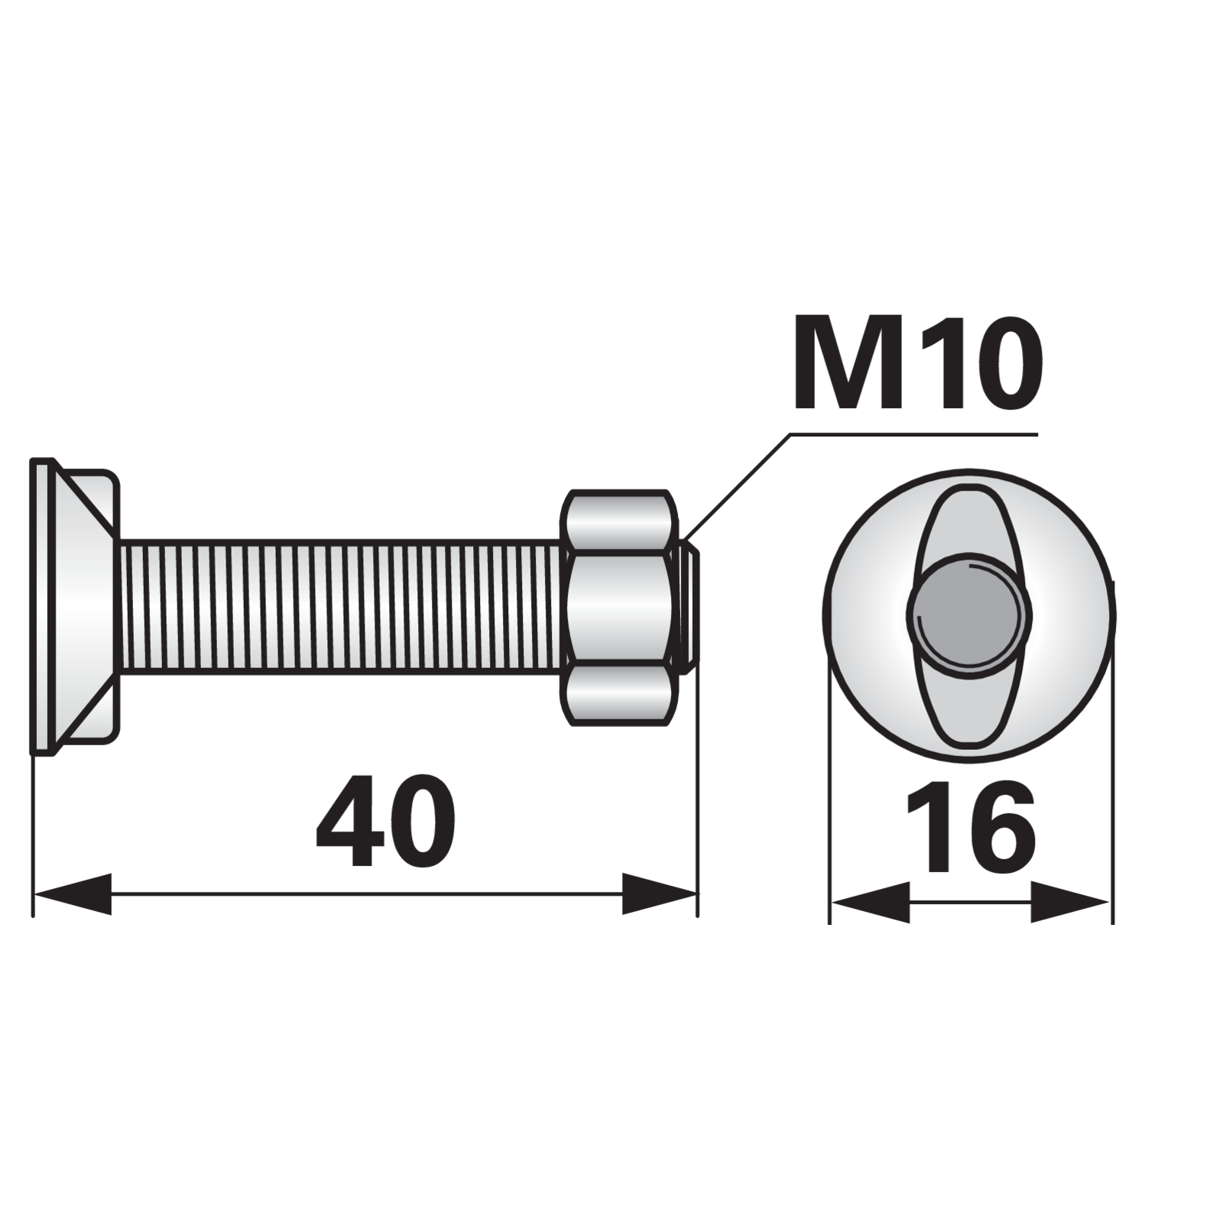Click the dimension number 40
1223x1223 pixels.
coord(385,821)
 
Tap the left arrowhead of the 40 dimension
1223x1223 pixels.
coord(73,894)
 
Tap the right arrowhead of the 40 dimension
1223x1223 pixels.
coord(659,894)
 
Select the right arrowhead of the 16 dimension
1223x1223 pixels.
coord(1069,903)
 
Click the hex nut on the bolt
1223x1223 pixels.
coord(621,607)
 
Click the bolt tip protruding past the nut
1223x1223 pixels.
coord(689,607)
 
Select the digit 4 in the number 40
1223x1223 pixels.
coord(349,821)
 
